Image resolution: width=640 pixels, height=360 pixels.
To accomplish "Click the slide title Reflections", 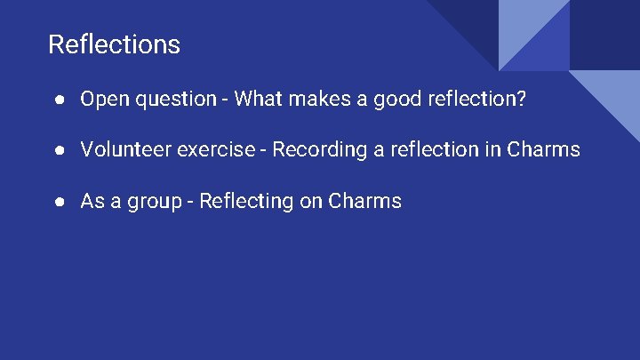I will pos(114,44).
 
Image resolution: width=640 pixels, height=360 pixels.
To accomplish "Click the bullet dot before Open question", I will pos(58,100).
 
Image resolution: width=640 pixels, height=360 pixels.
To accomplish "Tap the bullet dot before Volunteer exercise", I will pos(58,150).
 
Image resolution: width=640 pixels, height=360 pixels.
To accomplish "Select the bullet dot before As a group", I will pos(58,202).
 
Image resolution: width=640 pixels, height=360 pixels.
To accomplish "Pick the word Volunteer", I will pos(125,149).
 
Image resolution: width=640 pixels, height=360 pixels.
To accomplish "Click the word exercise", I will pos(216,149).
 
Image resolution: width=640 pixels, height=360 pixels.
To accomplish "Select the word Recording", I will pos(315,150).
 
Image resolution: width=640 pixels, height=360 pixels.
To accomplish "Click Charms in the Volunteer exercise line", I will pos(543,149).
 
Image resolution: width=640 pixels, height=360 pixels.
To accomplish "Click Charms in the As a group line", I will pos(364,201).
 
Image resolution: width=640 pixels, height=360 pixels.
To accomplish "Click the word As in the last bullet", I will pos(92,201).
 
